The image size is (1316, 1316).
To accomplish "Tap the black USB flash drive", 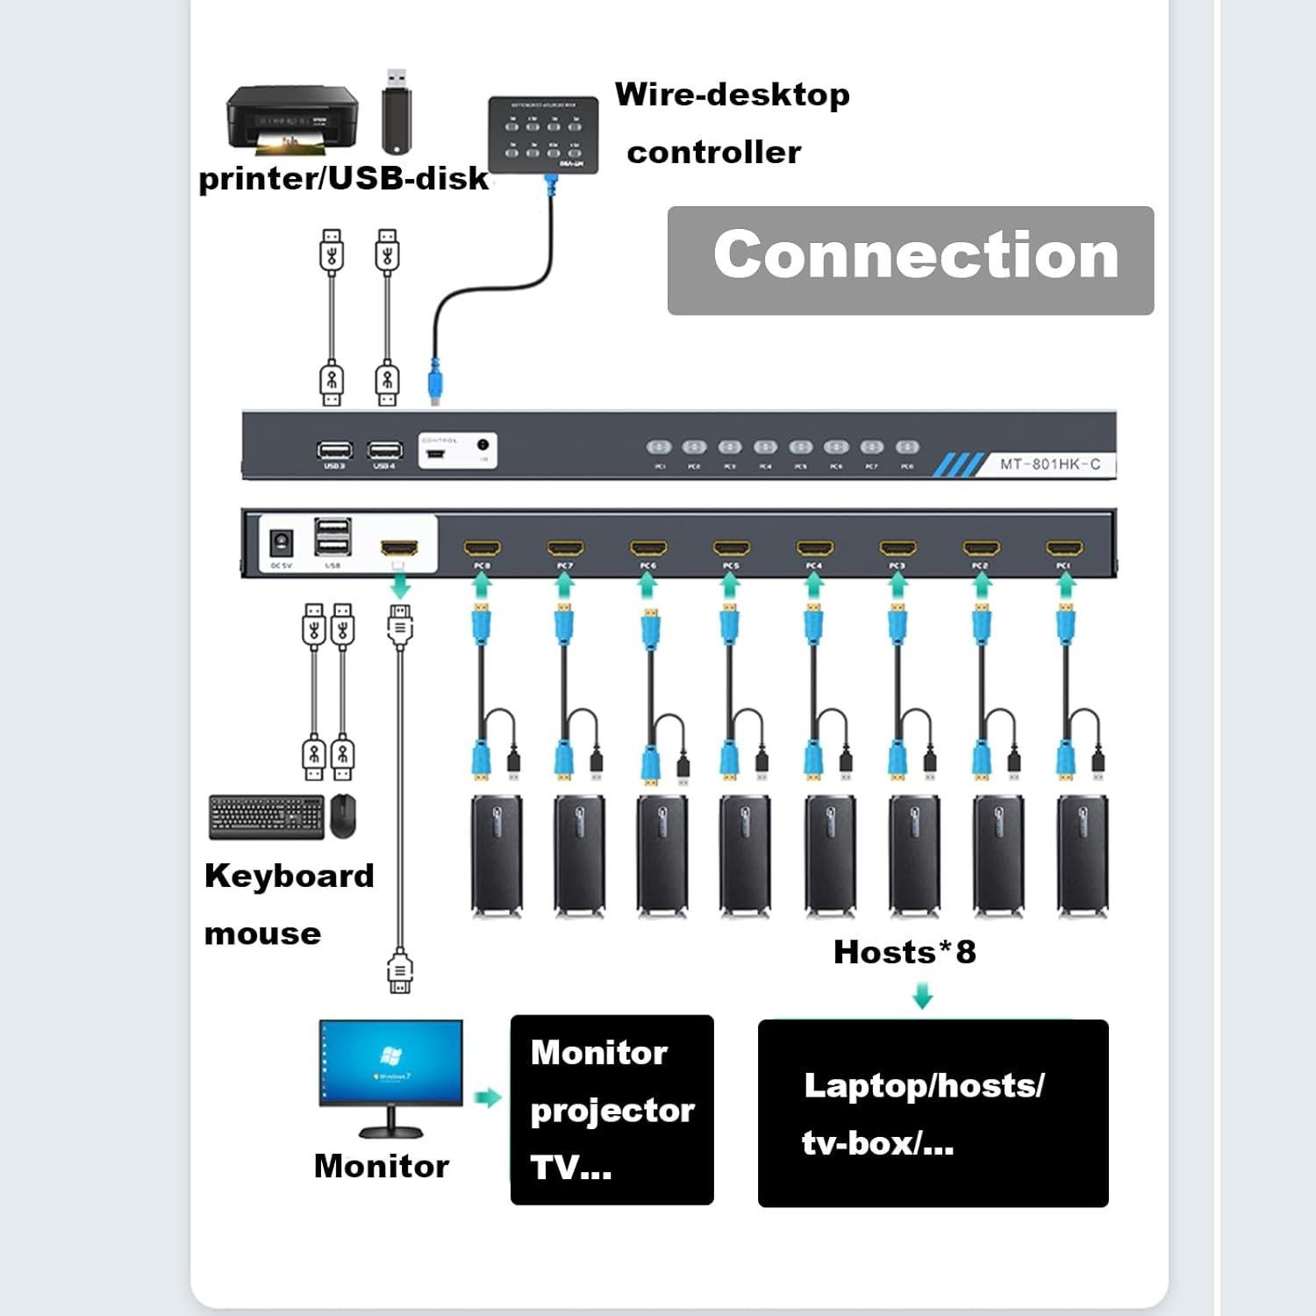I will pos(397,111).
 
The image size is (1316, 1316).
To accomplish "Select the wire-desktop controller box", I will pos(543,134).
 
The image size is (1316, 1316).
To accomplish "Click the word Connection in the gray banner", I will pos(915,255).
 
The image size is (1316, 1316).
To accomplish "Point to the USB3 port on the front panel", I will pos(334,451).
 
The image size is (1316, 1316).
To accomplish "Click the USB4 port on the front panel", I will pos(384,451).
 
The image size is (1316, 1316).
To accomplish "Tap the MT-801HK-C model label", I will pos(1050,464).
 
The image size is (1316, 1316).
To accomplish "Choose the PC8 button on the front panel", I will pos(907,447).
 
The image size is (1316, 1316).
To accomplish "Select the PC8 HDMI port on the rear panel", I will pos(482,549).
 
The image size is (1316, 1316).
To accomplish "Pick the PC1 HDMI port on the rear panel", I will pos(1063,549).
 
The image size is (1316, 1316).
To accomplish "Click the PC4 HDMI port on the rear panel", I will pos(814,549).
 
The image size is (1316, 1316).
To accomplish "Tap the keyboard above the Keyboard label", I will pos(267,816).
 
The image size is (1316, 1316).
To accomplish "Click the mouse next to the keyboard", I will pos(343,816).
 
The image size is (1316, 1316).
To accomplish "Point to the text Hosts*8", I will pos(905,952).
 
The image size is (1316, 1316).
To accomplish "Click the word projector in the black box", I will pos(612,1111).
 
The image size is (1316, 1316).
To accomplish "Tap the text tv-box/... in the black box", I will pos(877,1143).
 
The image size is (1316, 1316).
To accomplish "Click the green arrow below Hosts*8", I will pos(922,996).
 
